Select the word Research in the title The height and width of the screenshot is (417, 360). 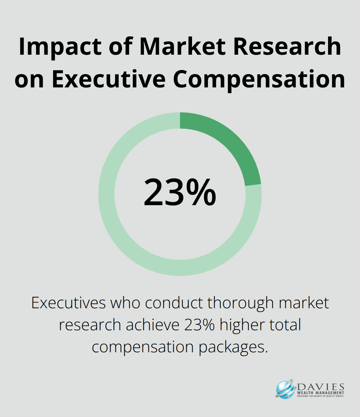click(x=287, y=46)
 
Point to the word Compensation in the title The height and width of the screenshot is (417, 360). click(x=259, y=79)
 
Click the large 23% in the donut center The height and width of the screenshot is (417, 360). click(x=180, y=192)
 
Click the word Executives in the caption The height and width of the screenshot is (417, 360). click(x=68, y=303)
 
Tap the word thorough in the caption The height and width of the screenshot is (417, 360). click(x=240, y=303)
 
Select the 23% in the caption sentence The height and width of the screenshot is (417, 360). click(x=199, y=325)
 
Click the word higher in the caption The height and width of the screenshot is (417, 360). click(x=239, y=325)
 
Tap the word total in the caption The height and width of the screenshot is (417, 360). click(x=285, y=325)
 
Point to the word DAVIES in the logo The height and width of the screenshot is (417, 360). click(x=321, y=387)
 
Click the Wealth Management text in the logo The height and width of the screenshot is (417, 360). click(x=321, y=393)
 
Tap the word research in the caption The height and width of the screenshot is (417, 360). click(x=90, y=325)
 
